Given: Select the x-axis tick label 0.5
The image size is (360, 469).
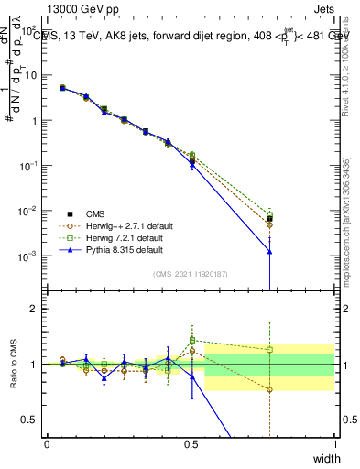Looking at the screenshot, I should (x=191, y=444).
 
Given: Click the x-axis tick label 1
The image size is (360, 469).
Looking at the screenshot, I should (x=334, y=444).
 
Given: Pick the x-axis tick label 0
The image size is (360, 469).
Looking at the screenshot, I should (x=47, y=444).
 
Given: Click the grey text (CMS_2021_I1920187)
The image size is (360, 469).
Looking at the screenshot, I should (x=190, y=274).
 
